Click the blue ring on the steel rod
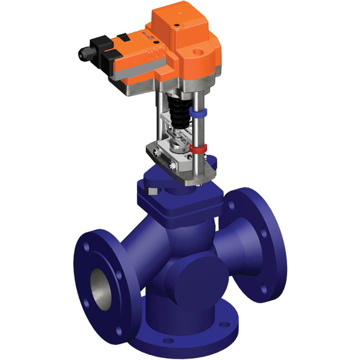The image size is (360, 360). click(x=196, y=112)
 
